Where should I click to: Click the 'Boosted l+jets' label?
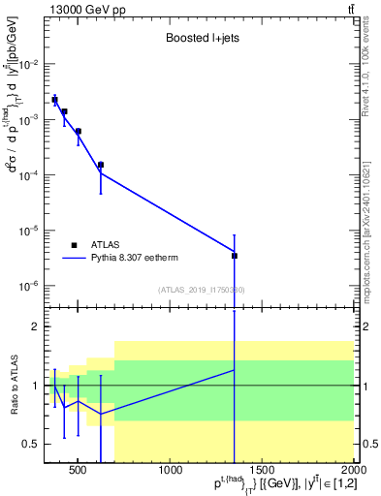click(198, 39)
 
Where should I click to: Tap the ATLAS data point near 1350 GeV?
click(235, 256)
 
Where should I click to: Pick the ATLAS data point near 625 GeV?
click(101, 165)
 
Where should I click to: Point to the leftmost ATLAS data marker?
click(55, 100)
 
